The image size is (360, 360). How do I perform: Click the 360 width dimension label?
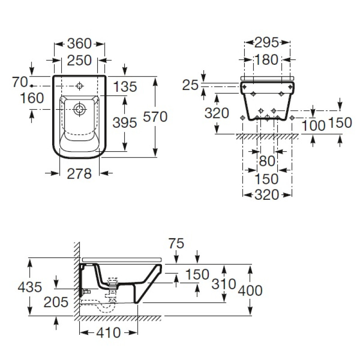tap(79, 44)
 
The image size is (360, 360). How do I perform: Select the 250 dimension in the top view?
tap(79, 60)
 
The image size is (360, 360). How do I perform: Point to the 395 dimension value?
tap(124, 122)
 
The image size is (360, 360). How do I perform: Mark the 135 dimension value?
tap(125, 87)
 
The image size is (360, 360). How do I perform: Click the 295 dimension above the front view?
tap(267, 43)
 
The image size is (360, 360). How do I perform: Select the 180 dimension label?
tap(267, 60)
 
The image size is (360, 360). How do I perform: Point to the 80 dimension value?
tap(267, 161)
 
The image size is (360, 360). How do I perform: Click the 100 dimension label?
tap(313, 126)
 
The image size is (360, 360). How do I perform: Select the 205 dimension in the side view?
tap(56, 301)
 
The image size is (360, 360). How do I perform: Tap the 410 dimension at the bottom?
tap(108, 333)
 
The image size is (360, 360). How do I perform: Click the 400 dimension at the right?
tap(250, 290)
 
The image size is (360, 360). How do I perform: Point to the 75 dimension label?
tap(176, 243)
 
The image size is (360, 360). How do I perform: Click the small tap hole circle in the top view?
tap(80, 85)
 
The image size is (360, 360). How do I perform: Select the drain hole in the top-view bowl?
tap(80, 108)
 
